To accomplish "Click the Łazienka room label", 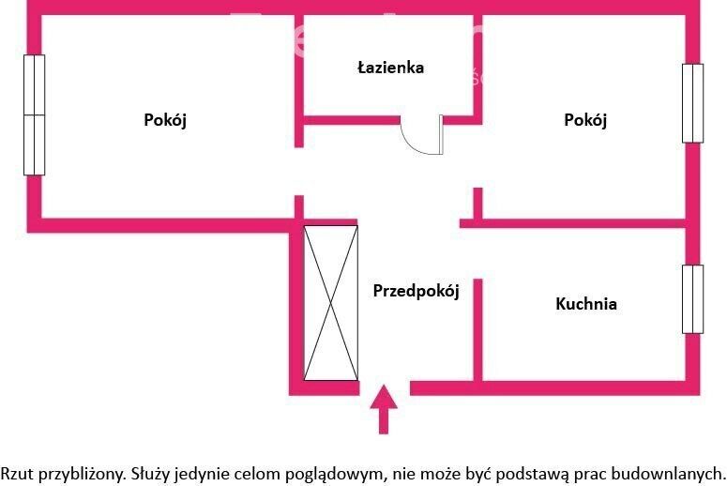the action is click(390, 68).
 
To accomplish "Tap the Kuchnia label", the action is click(586, 304).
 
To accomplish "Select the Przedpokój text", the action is click(416, 291).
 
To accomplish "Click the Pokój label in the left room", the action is click(165, 120).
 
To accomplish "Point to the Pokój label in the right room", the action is click(585, 120).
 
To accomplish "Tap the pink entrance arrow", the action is click(384, 409).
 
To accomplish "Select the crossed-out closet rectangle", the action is click(330, 303).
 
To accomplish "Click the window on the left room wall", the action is click(35, 115).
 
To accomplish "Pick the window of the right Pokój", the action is click(692, 103).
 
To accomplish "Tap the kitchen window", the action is click(692, 299).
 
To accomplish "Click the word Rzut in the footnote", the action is click(17, 474).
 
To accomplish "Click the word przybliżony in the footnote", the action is click(82, 475).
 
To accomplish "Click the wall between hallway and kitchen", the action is click(478, 329).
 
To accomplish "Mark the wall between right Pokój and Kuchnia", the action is click(572, 223).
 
